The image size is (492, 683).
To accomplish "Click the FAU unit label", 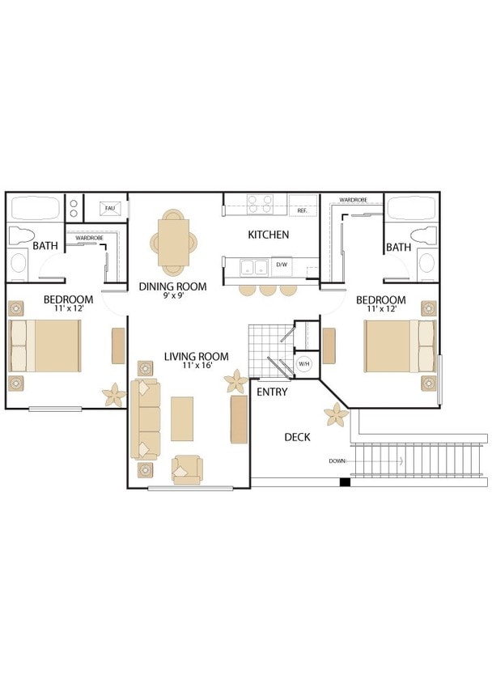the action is coord(110,208).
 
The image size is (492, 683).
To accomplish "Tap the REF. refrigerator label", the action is coord(302,210).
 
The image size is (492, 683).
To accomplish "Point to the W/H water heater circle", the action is coord(303,363).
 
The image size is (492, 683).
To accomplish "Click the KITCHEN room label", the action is coord(268,235).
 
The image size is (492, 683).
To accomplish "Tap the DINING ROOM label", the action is coord(173,286).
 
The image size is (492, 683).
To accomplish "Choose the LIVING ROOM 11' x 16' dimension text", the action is coord(197,366).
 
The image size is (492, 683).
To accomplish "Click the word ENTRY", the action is coord(272,392).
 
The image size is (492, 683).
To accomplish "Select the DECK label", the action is coord(297,437).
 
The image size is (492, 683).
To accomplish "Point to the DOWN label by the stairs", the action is coord(337,460).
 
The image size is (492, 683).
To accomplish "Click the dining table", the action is coord(173,242).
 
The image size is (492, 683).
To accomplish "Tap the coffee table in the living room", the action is coord(182,418).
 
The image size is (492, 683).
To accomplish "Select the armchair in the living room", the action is coord(187,470).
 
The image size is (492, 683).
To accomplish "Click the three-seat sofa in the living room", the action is coord(146,419).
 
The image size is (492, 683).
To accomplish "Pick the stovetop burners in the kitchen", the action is coord(260,204).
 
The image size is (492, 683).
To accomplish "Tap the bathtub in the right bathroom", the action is coord(411,208).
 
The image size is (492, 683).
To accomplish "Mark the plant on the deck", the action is coord(337,414).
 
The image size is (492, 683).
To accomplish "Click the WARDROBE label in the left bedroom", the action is coord(89,238).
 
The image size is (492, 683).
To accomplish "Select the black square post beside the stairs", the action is coord(345,482).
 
